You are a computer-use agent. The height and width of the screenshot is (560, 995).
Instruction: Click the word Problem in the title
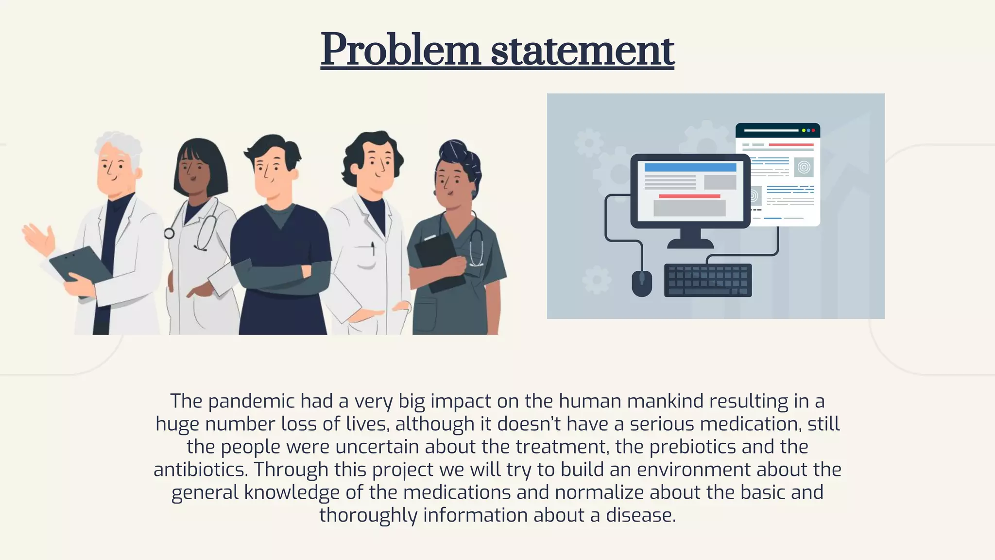point(400,50)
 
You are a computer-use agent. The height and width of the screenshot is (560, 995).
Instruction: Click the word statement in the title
point(582,51)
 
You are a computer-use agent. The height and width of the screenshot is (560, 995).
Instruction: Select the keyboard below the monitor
point(708,280)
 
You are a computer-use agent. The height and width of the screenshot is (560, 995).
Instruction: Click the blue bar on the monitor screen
point(690,167)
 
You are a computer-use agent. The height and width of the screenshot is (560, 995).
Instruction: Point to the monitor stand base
point(690,244)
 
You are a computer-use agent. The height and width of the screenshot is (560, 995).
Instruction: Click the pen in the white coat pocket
point(373,247)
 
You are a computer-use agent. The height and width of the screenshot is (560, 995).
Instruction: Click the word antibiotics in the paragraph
point(201,470)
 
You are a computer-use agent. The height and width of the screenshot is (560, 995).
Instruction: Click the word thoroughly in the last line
point(368,516)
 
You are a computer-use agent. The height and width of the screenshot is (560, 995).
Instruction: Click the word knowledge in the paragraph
point(292,493)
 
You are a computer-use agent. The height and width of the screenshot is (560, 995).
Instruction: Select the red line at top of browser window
point(790,145)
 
